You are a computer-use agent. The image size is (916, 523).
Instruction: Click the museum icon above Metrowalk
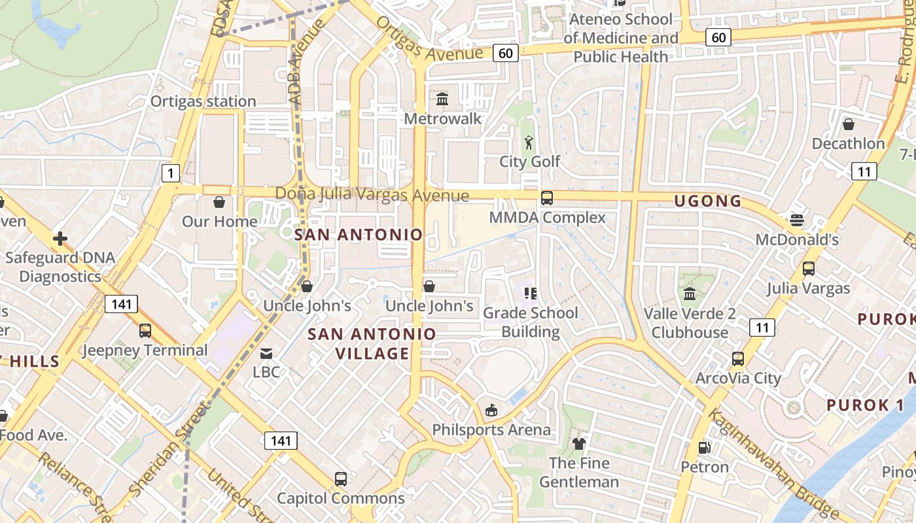(x=442, y=99)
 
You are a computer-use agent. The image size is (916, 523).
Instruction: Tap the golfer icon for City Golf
(x=529, y=142)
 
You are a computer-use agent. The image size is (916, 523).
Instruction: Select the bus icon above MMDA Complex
(x=547, y=197)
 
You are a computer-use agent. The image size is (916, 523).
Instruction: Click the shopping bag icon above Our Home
(x=219, y=202)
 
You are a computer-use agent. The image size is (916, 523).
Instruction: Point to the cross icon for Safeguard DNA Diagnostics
(x=60, y=239)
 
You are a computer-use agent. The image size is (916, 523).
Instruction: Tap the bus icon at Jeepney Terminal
(x=145, y=331)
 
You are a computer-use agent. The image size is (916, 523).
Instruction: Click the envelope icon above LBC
(x=266, y=354)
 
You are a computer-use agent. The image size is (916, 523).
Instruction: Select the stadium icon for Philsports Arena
(x=491, y=411)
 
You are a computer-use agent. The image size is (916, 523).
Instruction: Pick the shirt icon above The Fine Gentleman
(x=579, y=444)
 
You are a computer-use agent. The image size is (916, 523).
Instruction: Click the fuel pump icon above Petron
(x=704, y=448)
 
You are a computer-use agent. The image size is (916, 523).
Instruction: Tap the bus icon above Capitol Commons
(x=341, y=479)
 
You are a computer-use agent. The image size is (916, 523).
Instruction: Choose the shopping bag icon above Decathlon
(x=849, y=124)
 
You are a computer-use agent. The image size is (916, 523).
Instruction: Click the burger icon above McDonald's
(x=796, y=220)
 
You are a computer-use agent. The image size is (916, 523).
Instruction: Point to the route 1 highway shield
(x=170, y=173)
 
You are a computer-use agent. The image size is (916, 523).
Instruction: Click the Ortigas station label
(x=203, y=101)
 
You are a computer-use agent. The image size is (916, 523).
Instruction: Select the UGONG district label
(x=708, y=201)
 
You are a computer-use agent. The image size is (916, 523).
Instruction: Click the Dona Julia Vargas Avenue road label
(x=372, y=195)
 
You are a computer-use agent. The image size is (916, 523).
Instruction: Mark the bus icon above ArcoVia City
(x=738, y=359)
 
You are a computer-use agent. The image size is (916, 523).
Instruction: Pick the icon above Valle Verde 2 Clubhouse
(x=690, y=294)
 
